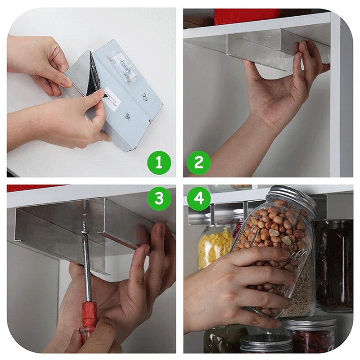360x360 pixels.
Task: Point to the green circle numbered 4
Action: click(199, 198)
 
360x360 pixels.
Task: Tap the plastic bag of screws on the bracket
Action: click(124, 67)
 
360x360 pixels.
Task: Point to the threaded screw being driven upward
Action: click(84, 225)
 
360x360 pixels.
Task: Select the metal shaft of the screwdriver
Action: click(86, 270)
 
